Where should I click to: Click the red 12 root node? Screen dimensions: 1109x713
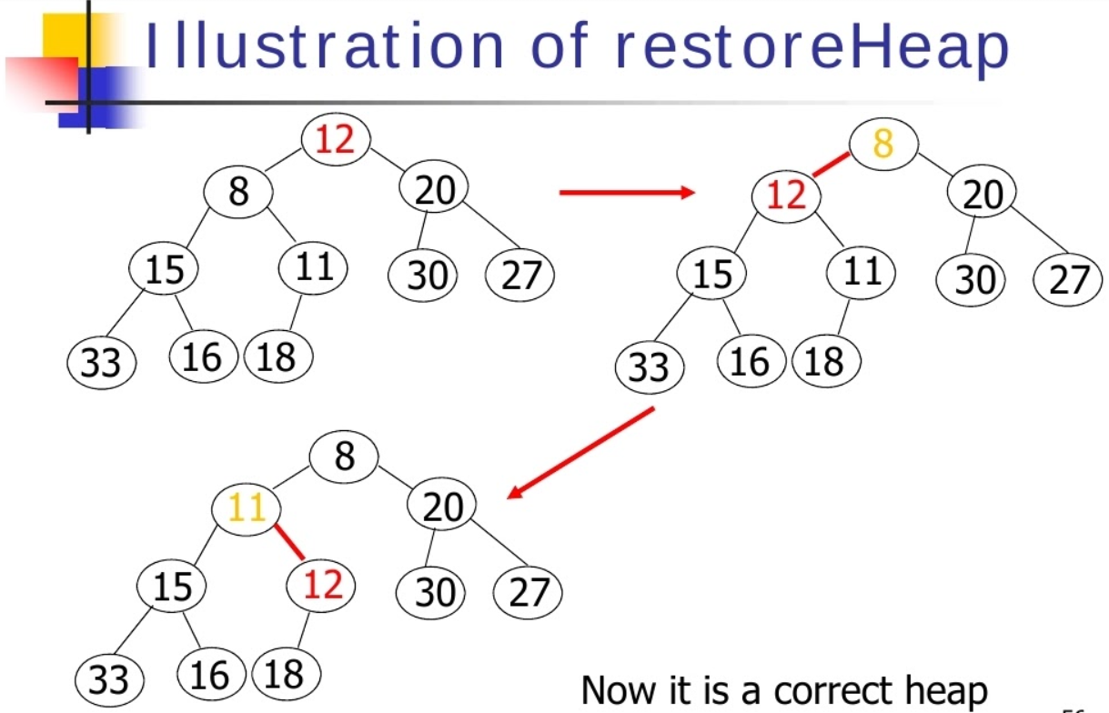(x=335, y=141)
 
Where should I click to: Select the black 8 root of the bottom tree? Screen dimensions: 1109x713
(x=343, y=457)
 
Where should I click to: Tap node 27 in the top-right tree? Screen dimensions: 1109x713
(x=1067, y=279)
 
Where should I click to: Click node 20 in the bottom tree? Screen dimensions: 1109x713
(x=443, y=507)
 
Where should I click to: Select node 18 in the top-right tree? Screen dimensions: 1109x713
(x=825, y=362)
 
